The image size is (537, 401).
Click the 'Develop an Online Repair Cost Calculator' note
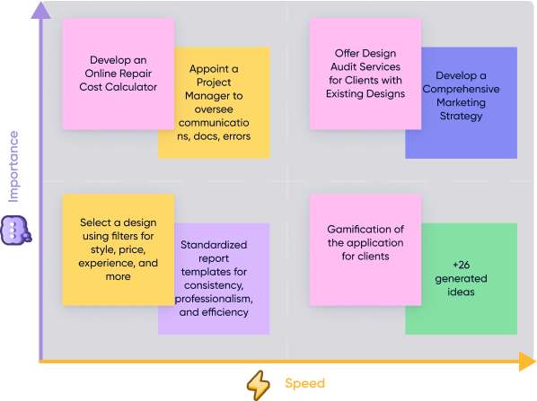pos(119,74)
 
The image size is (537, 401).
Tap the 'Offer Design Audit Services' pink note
pos(365,74)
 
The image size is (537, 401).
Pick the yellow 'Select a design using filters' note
pos(119,249)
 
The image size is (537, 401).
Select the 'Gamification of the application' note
pos(365,249)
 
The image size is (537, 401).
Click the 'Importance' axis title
pos(13,167)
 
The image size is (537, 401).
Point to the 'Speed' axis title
pos(304,383)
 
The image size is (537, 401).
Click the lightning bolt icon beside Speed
pos(259,385)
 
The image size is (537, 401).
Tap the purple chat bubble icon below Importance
pos(16,231)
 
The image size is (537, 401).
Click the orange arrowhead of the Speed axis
pos(527,362)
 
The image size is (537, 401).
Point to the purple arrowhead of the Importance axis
pos(40,10)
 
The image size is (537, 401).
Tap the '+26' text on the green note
pos(461,265)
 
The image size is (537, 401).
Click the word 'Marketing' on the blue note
pos(461,102)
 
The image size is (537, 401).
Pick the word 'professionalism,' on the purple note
pos(214,299)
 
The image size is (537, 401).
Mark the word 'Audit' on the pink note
pos(342,66)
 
